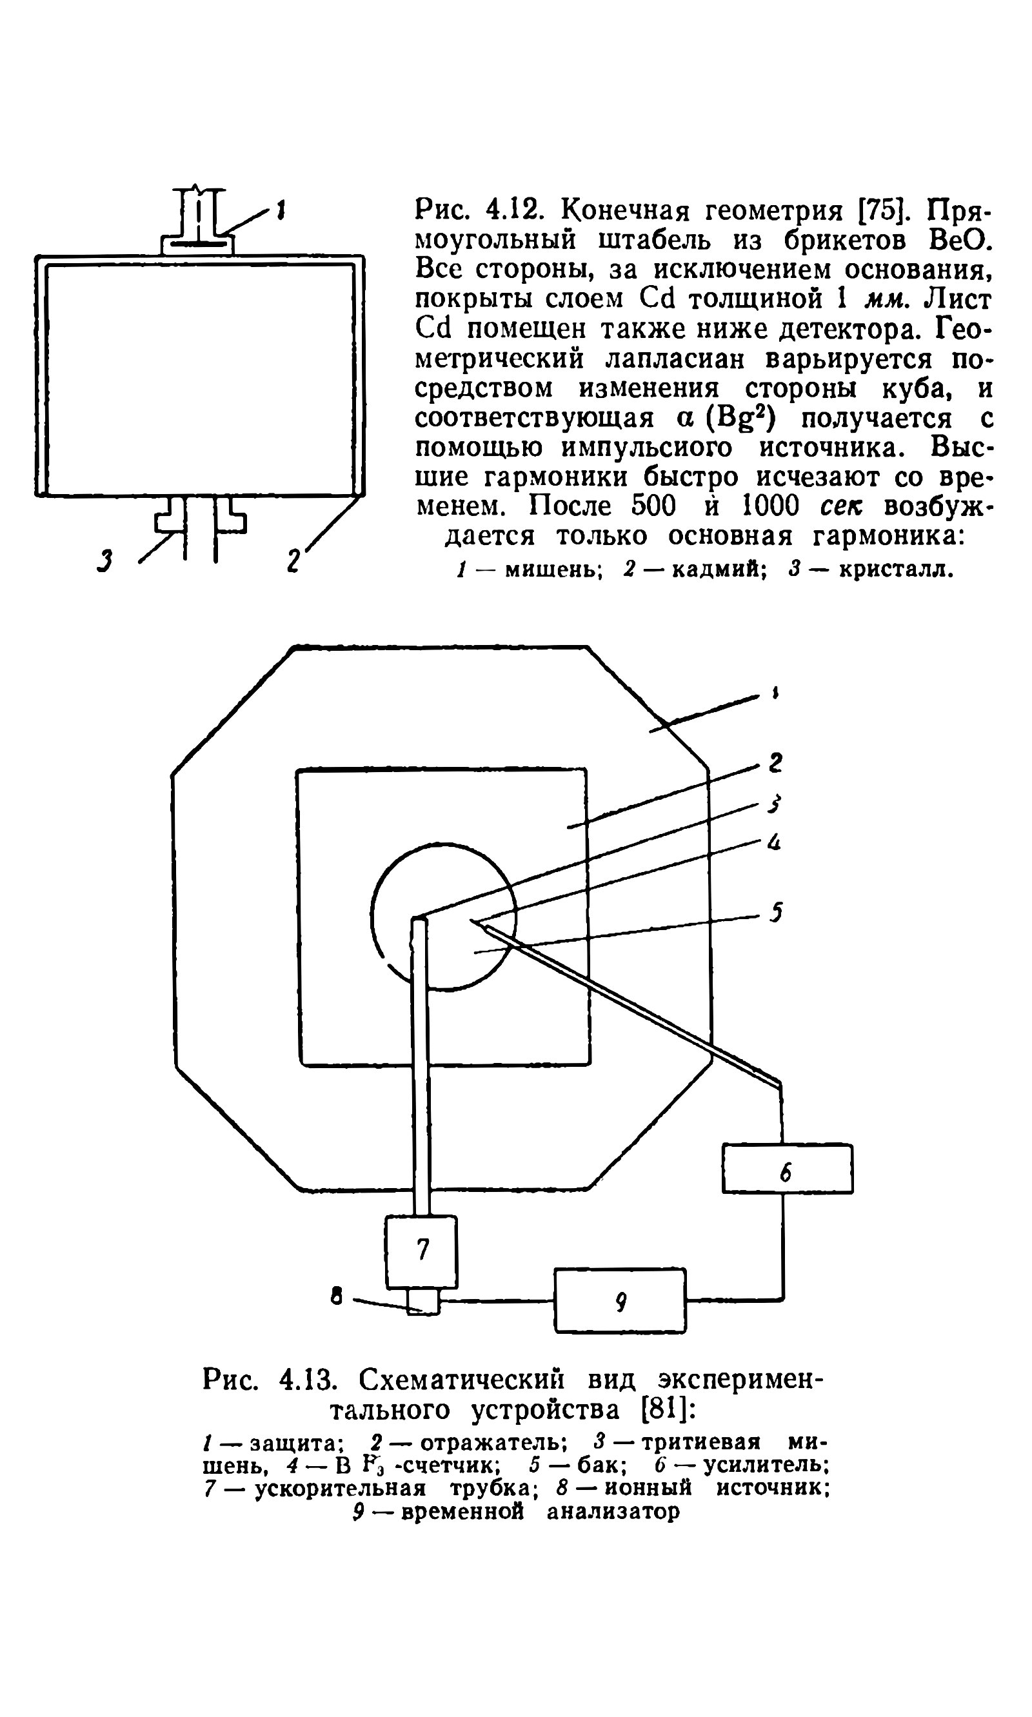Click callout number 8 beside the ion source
337,1296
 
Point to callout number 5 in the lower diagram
776,911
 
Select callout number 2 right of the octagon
775,763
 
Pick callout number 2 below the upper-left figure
294,560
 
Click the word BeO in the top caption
958,240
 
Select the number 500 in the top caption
653,506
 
